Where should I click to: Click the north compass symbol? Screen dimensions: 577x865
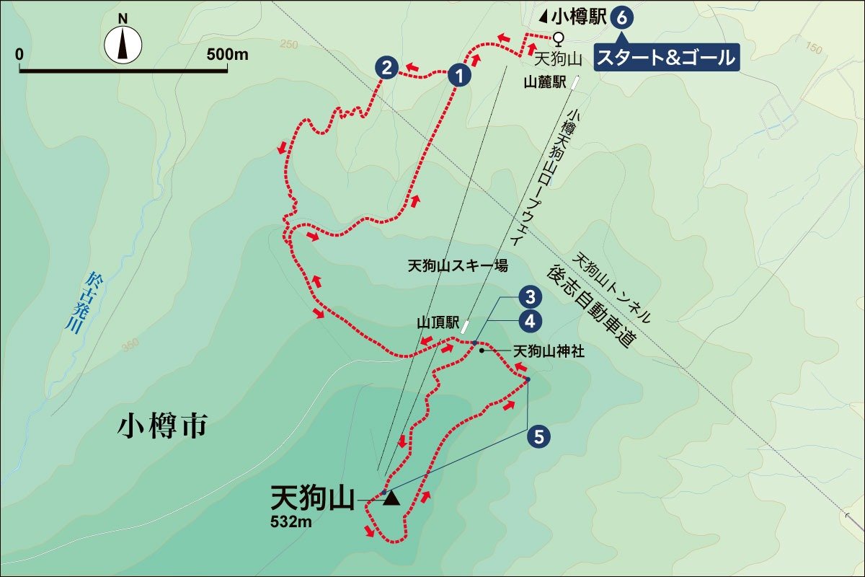123,44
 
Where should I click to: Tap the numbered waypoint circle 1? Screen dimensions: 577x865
459,74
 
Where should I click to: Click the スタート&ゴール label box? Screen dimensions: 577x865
667,56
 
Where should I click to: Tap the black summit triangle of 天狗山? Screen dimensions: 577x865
391,498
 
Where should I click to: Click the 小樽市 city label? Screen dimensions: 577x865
162,427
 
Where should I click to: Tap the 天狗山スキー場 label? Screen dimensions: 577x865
458,266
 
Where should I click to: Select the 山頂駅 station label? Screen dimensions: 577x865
435,322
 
